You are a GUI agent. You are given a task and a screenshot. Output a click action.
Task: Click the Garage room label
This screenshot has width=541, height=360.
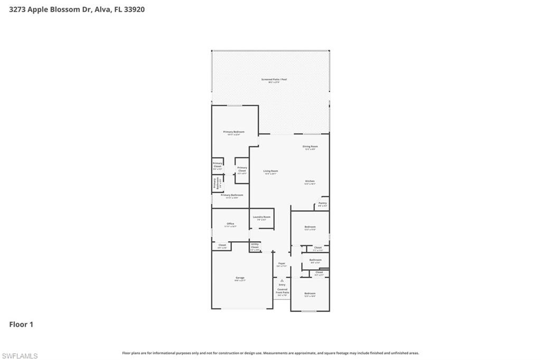pyautogui.click(x=240, y=278)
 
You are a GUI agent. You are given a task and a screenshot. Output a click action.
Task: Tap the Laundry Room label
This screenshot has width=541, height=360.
pyautogui.click(x=262, y=217)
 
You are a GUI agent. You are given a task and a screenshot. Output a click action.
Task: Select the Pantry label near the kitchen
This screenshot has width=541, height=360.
pyautogui.click(x=323, y=203)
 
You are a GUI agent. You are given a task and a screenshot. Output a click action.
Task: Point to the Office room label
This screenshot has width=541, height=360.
pyautogui.click(x=230, y=224)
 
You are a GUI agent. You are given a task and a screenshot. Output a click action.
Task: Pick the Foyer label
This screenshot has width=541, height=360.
pyautogui.click(x=282, y=263)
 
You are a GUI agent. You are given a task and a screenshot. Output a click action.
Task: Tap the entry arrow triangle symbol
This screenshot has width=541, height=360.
pyautogui.click(x=282, y=280)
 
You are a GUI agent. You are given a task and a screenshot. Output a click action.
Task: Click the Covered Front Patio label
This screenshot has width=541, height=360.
pyautogui.click(x=282, y=291)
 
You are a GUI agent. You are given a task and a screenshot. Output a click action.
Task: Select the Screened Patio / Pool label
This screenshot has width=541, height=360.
pyautogui.click(x=274, y=80)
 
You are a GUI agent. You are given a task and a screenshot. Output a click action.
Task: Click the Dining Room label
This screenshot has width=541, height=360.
pyautogui.click(x=310, y=147)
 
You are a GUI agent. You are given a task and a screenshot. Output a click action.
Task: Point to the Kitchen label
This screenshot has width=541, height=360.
pyautogui.click(x=310, y=181)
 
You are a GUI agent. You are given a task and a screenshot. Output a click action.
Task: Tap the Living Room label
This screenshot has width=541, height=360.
pyautogui.click(x=270, y=171)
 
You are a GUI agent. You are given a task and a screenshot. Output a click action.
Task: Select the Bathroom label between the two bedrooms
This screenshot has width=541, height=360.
pyautogui.click(x=315, y=260)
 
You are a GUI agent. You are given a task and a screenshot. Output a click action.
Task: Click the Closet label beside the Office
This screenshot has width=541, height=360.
pyautogui.click(x=222, y=245)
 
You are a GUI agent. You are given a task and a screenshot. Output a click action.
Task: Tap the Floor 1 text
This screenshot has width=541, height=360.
pyautogui.click(x=21, y=325)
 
